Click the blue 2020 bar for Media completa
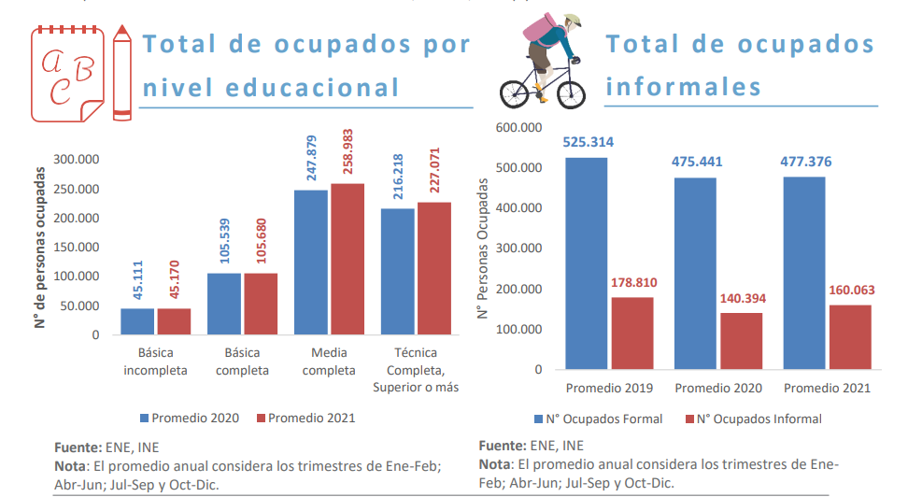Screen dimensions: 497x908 tap(310, 262)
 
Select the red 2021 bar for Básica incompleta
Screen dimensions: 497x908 tap(174, 321)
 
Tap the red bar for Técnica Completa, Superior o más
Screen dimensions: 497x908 tap(434, 268)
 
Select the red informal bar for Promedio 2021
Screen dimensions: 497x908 tap(849, 337)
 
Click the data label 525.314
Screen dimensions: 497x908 tap(588, 143)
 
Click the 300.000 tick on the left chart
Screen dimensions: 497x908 tap(77, 160)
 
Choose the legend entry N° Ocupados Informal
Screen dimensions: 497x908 tap(753, 419)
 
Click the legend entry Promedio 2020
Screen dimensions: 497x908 tap(192, 418)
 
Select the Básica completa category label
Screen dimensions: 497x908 tap(242, 362)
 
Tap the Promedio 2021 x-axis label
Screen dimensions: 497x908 tap(827, 388)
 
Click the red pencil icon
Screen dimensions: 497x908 tap(121, 73)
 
